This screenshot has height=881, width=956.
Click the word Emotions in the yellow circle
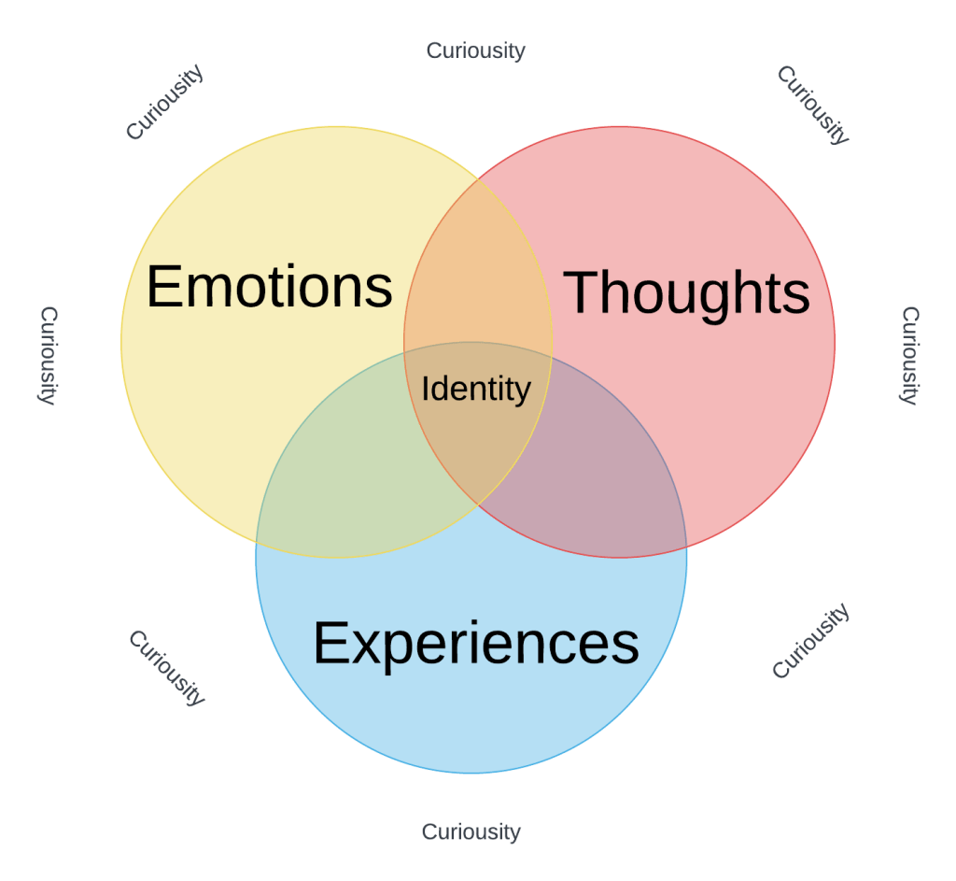(269, 286)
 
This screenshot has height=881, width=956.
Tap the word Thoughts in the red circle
(687, 292)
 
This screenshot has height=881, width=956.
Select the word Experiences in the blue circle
(475, 644)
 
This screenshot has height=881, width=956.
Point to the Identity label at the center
(476, 389)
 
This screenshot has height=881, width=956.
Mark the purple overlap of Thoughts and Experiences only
(607, 476)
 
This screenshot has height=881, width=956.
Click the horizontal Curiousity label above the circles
(476, 50)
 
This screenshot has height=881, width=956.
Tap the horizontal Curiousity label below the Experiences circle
(471, 831)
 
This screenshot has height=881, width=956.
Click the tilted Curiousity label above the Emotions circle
(164, 103)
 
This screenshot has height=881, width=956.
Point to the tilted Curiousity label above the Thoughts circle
(813, 105)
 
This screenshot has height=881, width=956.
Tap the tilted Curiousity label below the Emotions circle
(166, 667)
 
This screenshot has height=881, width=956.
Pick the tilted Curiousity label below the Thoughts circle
(810, 641)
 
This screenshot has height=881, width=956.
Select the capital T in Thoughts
(584, 292)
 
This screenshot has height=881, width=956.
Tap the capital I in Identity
(426, 389)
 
